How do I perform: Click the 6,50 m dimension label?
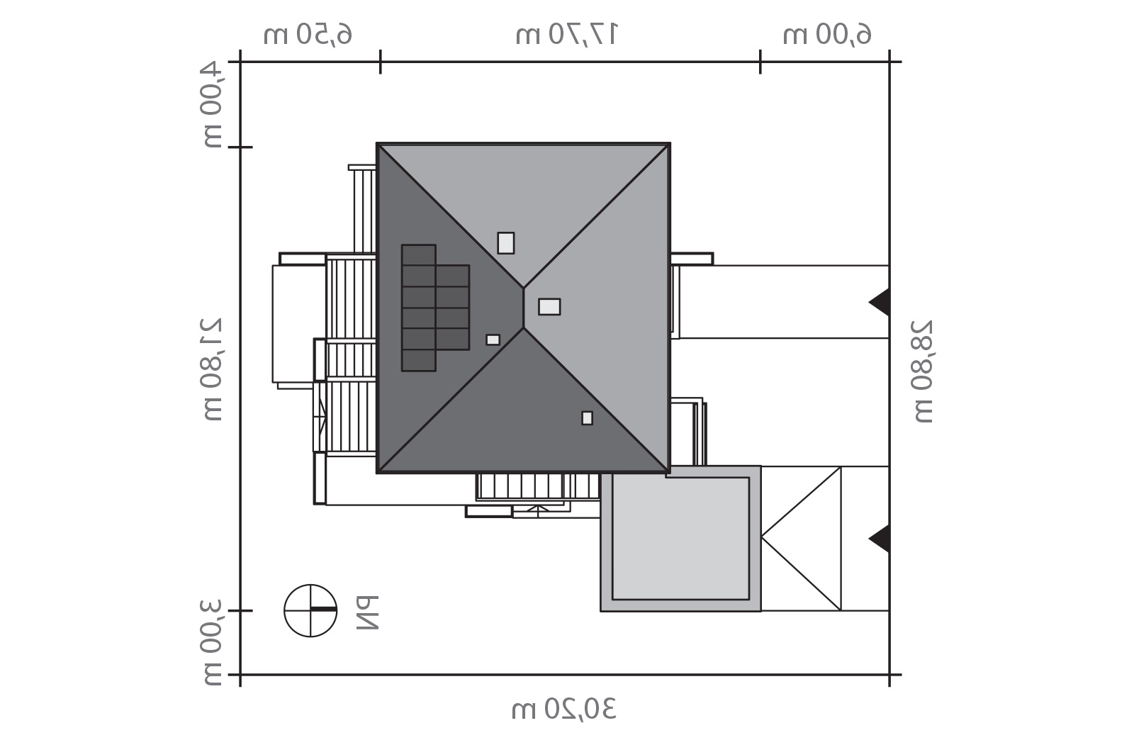pos(308,35)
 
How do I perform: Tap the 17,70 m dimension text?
pos(566,35)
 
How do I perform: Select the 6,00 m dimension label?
pos(827,35)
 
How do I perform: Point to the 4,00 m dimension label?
pos(213,105)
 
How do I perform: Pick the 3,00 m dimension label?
pos(213,643)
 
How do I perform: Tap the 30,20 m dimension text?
pos(564,709)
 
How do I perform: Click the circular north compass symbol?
pos(310,610)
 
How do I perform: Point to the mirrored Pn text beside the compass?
pos(368,612)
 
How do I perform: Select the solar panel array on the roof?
pos(435,308)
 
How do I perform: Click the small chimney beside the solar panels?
pos(493,340)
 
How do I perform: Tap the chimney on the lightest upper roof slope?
pos(506,243)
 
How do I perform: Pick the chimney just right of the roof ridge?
pos(549,307)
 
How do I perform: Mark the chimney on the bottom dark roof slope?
pos(588,418)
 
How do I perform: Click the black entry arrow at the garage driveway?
pos(880,539)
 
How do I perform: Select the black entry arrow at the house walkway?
pos(880,302)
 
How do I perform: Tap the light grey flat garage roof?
pos(680,539)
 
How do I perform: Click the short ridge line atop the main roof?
pos(524,308)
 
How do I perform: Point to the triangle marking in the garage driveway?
pos(801,539)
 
